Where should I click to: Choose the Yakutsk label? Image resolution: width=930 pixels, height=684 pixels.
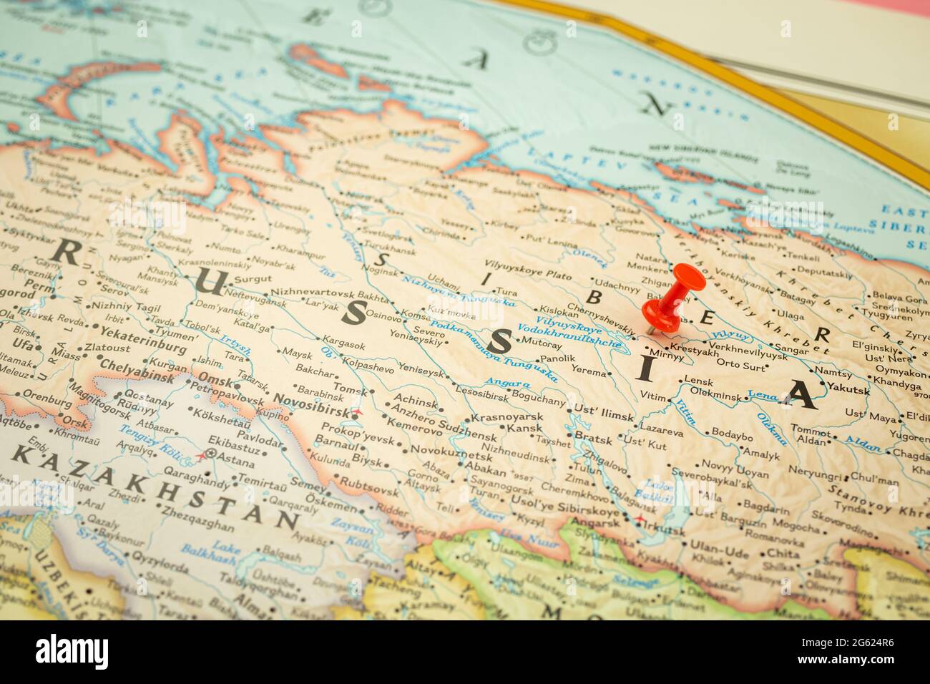(848, 391)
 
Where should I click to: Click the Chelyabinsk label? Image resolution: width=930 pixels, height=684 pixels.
(138, 365)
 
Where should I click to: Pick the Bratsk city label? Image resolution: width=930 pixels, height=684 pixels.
(593, 439)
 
